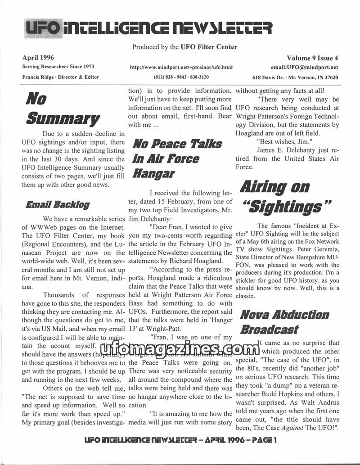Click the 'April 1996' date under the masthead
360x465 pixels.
pos(38,58)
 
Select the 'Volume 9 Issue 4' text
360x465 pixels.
pos(312,58)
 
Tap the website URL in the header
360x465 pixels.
pos(181,68)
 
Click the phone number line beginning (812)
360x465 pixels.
pos(181,77)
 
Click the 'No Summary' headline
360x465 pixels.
pos(62,108)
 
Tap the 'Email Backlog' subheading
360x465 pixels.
pos(57,205)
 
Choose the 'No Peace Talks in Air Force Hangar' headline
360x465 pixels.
pos(176,158)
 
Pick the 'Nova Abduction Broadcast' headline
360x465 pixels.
pos(284,321)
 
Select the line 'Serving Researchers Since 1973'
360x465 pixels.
pos(58,67)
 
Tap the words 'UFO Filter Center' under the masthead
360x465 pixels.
pos(210,47)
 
